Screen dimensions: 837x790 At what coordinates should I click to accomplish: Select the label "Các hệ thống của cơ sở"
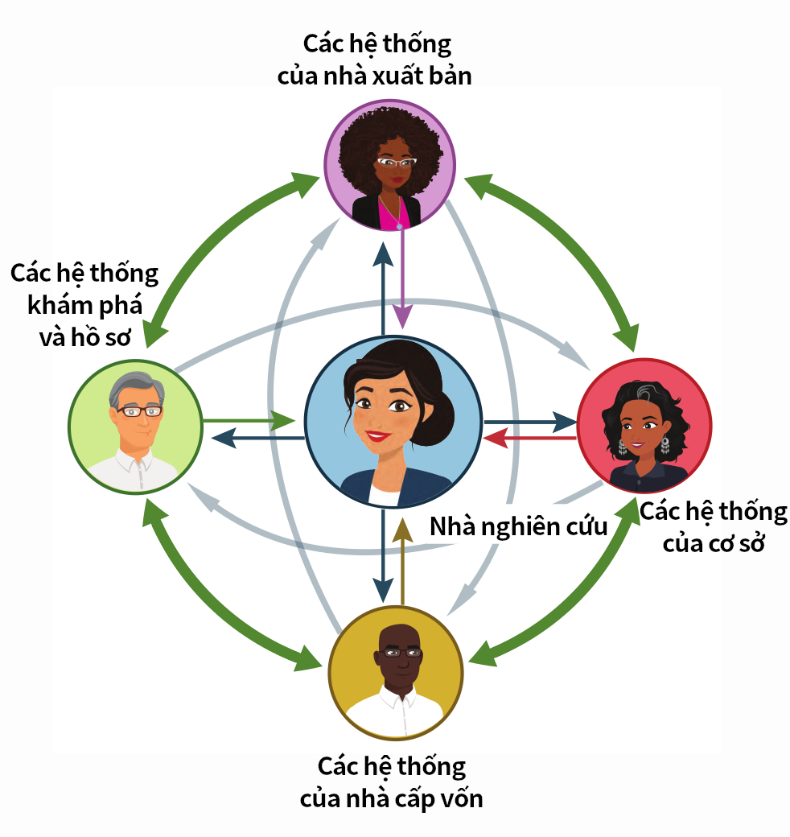(x=713, y=527)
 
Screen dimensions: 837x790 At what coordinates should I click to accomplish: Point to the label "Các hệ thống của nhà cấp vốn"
(x=392, y=781)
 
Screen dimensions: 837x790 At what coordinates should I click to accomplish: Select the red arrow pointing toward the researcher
(x=531, y=439)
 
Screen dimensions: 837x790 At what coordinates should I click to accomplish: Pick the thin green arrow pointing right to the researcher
(x=249, y=420)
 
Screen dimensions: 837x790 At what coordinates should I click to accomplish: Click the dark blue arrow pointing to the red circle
(x=531, y=421)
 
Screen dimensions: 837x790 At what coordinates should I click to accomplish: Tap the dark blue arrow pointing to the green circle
(x=257, y=439)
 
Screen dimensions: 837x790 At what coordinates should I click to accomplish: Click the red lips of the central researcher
(x=375, y=436)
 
